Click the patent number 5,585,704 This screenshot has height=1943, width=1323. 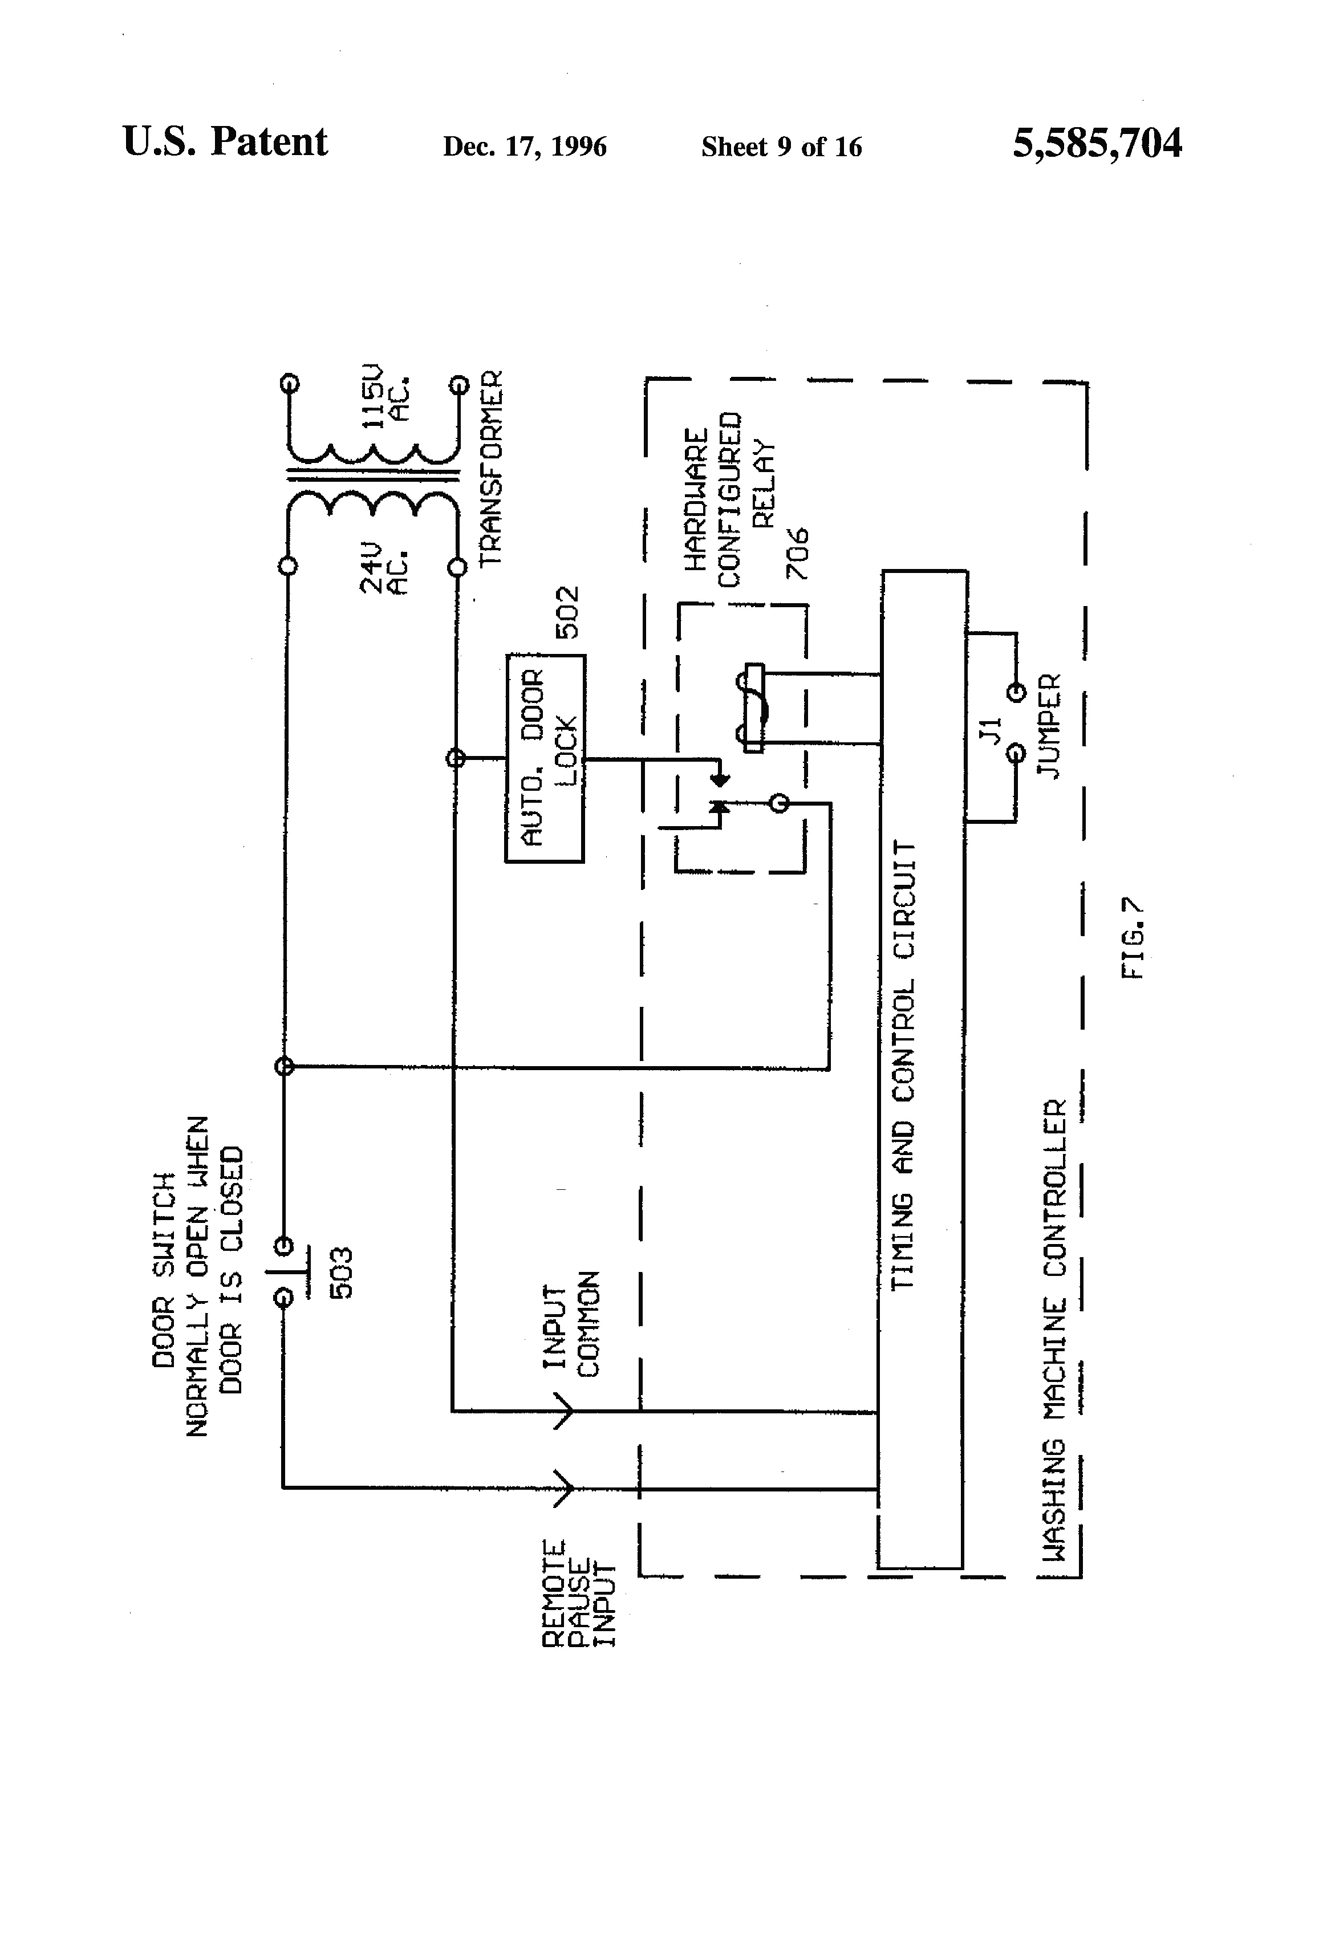point(1097,143)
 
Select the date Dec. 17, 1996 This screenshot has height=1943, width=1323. point(524,147)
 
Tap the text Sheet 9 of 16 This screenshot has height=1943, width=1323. point(781,147)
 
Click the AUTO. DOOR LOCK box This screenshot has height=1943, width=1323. point(545,758)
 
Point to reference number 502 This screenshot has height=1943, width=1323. point(568,613)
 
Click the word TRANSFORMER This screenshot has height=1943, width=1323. point(491,468)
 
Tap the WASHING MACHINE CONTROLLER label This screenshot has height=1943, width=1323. point(1056,1330)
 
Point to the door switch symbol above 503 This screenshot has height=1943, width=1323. point(285,1271)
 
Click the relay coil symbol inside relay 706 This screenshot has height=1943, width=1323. point(753,708)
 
